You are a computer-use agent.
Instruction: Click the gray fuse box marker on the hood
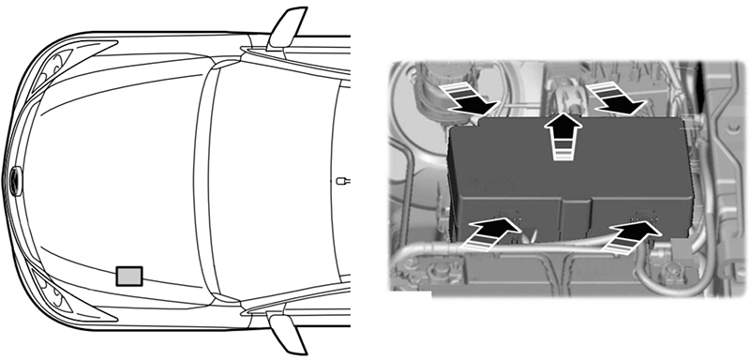tap(129, 275)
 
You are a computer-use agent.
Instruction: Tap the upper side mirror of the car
tap(287, 28)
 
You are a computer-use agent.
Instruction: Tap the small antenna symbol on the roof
tap(344, 179)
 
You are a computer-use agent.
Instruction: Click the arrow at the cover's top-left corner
tap(468, 97)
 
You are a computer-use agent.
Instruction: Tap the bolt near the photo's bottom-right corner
tap(673, 272)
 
